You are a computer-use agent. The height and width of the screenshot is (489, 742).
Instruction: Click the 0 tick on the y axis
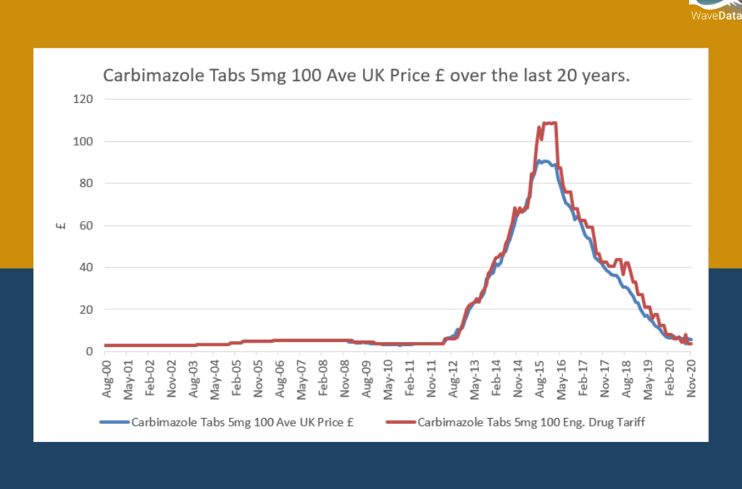point(89,351)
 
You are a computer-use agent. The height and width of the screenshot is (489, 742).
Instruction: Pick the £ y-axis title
point(61,225)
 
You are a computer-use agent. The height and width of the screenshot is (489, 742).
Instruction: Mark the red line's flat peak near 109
point(550,123)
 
